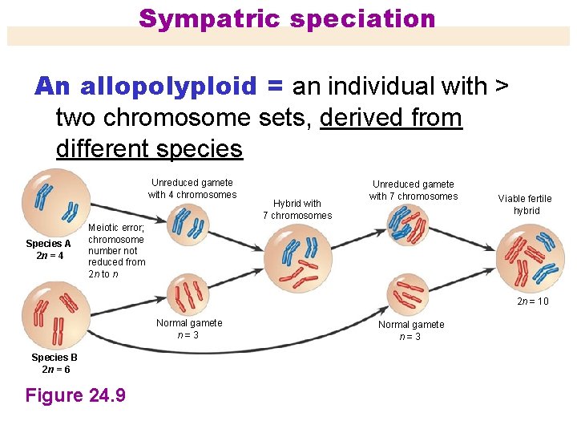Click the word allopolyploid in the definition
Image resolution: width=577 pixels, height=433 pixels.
(x=168, y=86)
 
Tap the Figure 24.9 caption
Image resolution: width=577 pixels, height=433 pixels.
(x=75, y=395)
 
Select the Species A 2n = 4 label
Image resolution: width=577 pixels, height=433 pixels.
(x=48, y=249)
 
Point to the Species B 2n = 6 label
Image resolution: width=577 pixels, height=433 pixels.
(x=55, y=363)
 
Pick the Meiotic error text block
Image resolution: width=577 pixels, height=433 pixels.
(x=116, y=250)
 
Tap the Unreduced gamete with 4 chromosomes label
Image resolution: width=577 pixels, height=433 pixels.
(x=192, y=188)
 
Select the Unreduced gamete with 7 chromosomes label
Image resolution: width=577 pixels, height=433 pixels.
(x=414, y=190)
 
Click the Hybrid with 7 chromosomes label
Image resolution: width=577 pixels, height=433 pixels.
(x=297, y=209)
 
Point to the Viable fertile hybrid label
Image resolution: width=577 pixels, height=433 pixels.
(x=525, y=204)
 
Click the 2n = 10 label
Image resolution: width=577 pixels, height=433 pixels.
(x=533, y=301)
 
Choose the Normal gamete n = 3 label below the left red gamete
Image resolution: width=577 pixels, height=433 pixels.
(x=189, y=329)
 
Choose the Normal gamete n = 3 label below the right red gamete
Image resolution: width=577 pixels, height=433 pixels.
(x=411, y=330)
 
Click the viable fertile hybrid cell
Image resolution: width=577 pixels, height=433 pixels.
(x=531, y=257)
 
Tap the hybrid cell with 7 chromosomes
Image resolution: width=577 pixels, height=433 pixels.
(x=297, y=257)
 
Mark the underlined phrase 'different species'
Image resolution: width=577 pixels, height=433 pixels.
(x=149, y=148)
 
